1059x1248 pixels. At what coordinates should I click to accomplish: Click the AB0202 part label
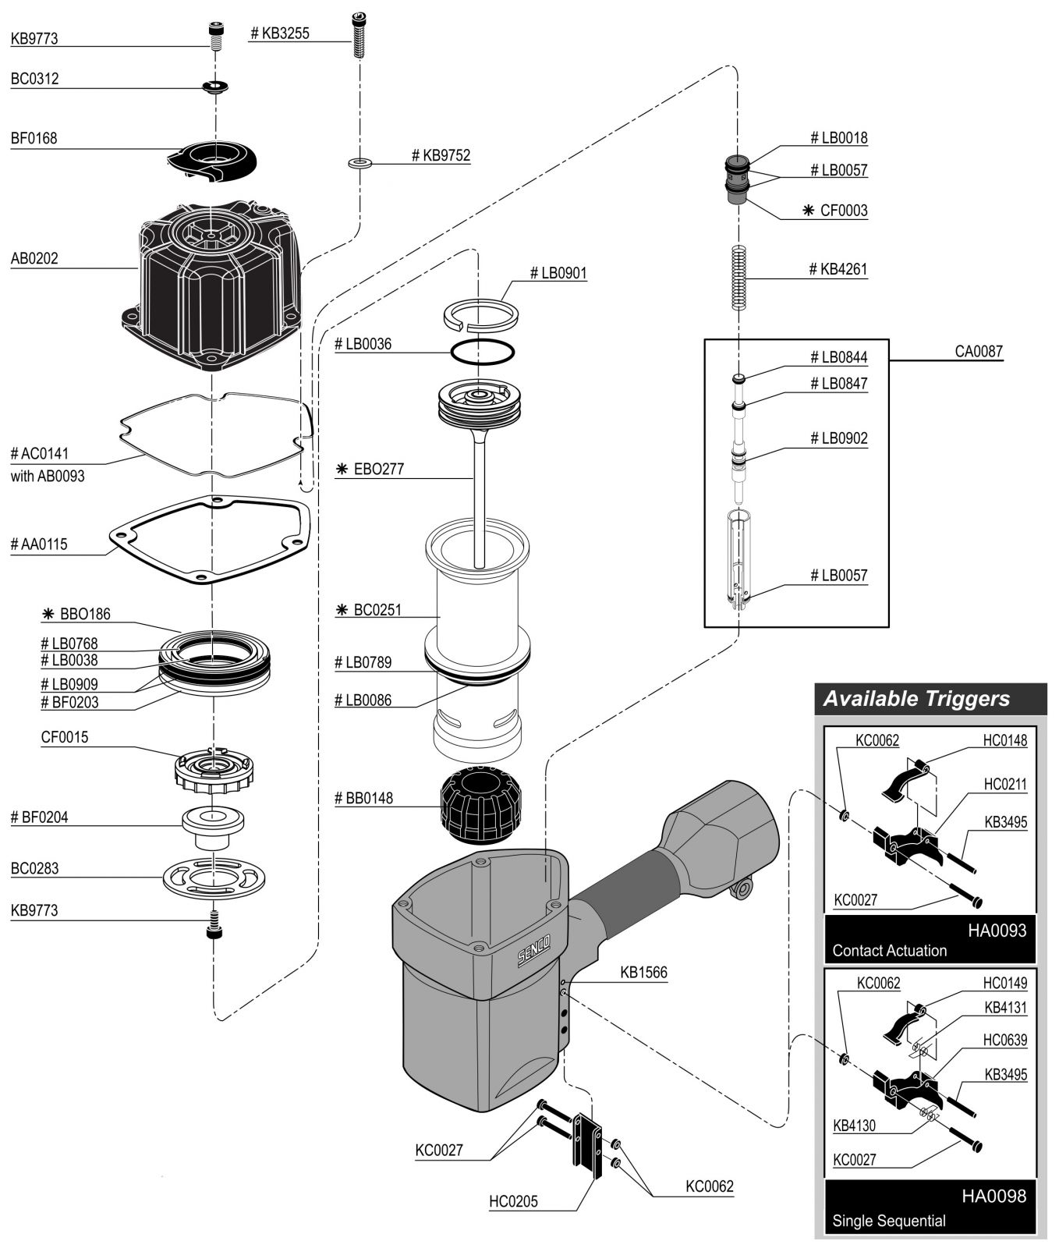(34, 258)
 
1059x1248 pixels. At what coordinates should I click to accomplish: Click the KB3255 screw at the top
(358, 36)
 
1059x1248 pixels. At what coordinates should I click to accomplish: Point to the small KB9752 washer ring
(359, 163)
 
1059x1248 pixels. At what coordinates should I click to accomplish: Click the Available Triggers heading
(916, 698)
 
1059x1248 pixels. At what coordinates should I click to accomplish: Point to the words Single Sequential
(888, 1221)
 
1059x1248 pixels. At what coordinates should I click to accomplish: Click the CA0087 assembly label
(979, 351)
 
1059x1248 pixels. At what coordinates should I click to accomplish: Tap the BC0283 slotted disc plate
(212, 877)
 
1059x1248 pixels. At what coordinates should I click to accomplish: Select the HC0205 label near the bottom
(513, 1202)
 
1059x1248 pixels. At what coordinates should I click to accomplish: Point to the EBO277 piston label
(377, 470)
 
